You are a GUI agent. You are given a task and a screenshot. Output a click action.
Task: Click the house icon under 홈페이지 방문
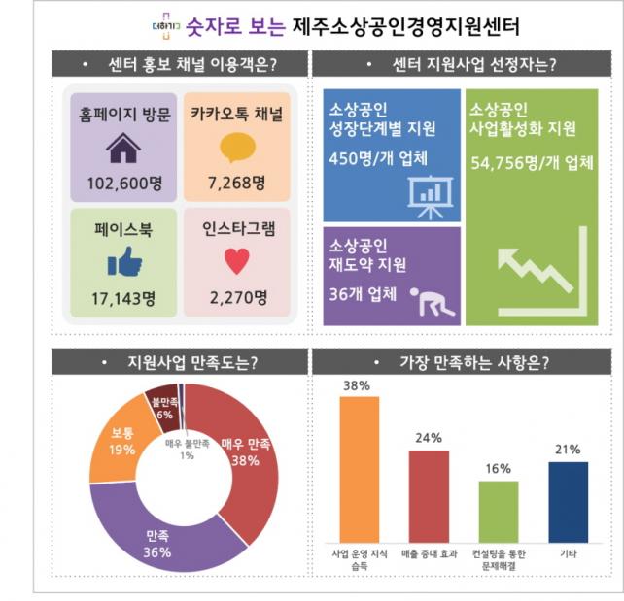coord(123,149)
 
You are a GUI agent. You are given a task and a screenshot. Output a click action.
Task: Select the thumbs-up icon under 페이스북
coord(123,261)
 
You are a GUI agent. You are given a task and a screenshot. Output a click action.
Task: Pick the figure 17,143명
coord(123,295)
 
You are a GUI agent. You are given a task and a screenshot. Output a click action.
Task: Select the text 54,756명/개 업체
coord(531,162)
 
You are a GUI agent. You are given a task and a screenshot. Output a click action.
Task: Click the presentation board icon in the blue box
coord(427,195)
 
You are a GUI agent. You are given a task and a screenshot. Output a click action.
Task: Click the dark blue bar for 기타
coord(568,500)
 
